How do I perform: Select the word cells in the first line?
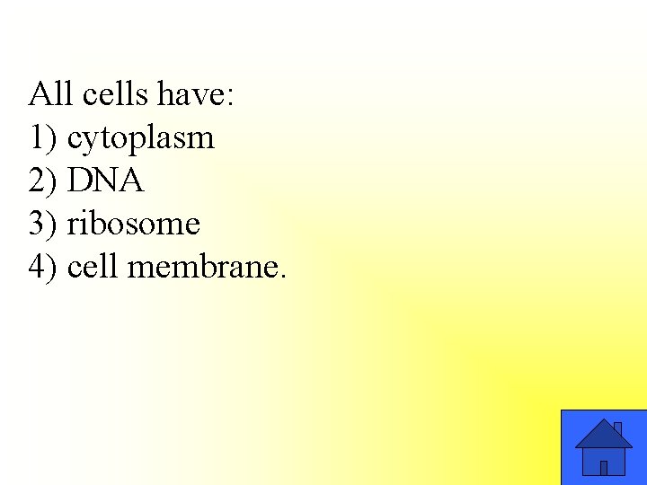coord(107,94)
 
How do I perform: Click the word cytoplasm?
coord(141,139)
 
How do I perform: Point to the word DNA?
coord(105,181)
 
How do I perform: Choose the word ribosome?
coord(134,224)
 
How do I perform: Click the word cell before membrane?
coord(93,267)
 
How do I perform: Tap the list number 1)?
coord(43,138)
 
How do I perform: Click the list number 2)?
coord(43,181)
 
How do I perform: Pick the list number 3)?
coord(43,225)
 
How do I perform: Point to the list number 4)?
coord(43,268)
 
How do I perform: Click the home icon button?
coord(603,447)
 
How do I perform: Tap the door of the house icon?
coord(604,467)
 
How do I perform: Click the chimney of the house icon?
coord(617,428)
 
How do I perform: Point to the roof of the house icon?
coord(603,436)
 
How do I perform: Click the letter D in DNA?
coord(78,181)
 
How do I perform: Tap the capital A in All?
coord(39,94)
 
